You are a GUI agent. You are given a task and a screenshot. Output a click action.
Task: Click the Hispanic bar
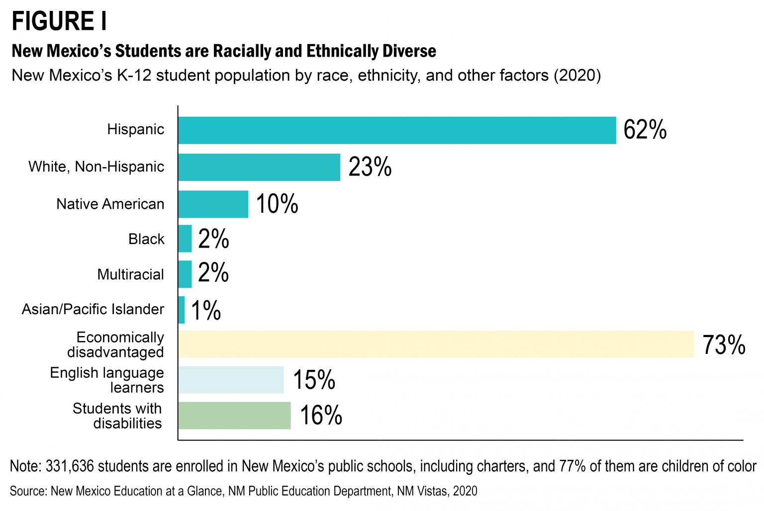pos(397,130)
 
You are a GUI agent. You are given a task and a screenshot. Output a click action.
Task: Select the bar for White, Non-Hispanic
pos(259,167)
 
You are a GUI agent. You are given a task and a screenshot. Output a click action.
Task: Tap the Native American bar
pos(213,204)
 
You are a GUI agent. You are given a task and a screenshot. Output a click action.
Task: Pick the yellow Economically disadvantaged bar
pos(436,344)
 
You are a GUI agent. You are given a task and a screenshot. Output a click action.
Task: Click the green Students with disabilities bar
pos(234,416)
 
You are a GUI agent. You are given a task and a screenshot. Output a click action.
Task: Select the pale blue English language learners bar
pos(231,380)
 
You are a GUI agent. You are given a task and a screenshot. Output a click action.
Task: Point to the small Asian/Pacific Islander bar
pos(182,310)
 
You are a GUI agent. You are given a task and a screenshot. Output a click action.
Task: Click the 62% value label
pos(645,130)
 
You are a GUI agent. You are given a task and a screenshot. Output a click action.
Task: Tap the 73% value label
pos(724,344)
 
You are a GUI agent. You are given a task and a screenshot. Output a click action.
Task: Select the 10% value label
pos(277,204)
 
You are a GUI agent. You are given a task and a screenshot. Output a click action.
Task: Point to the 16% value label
pos(321,415)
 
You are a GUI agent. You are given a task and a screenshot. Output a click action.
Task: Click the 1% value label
pos(206,310)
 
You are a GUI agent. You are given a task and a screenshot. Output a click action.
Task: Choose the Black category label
pos(146,239)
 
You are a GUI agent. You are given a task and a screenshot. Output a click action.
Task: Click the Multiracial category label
pos(130,274)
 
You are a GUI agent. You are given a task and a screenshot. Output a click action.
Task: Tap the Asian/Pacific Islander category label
pos(93,309)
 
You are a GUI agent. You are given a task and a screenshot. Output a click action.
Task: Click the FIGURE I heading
pos(59,21)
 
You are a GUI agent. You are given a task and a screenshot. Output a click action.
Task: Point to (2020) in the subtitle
pos(577,75)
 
